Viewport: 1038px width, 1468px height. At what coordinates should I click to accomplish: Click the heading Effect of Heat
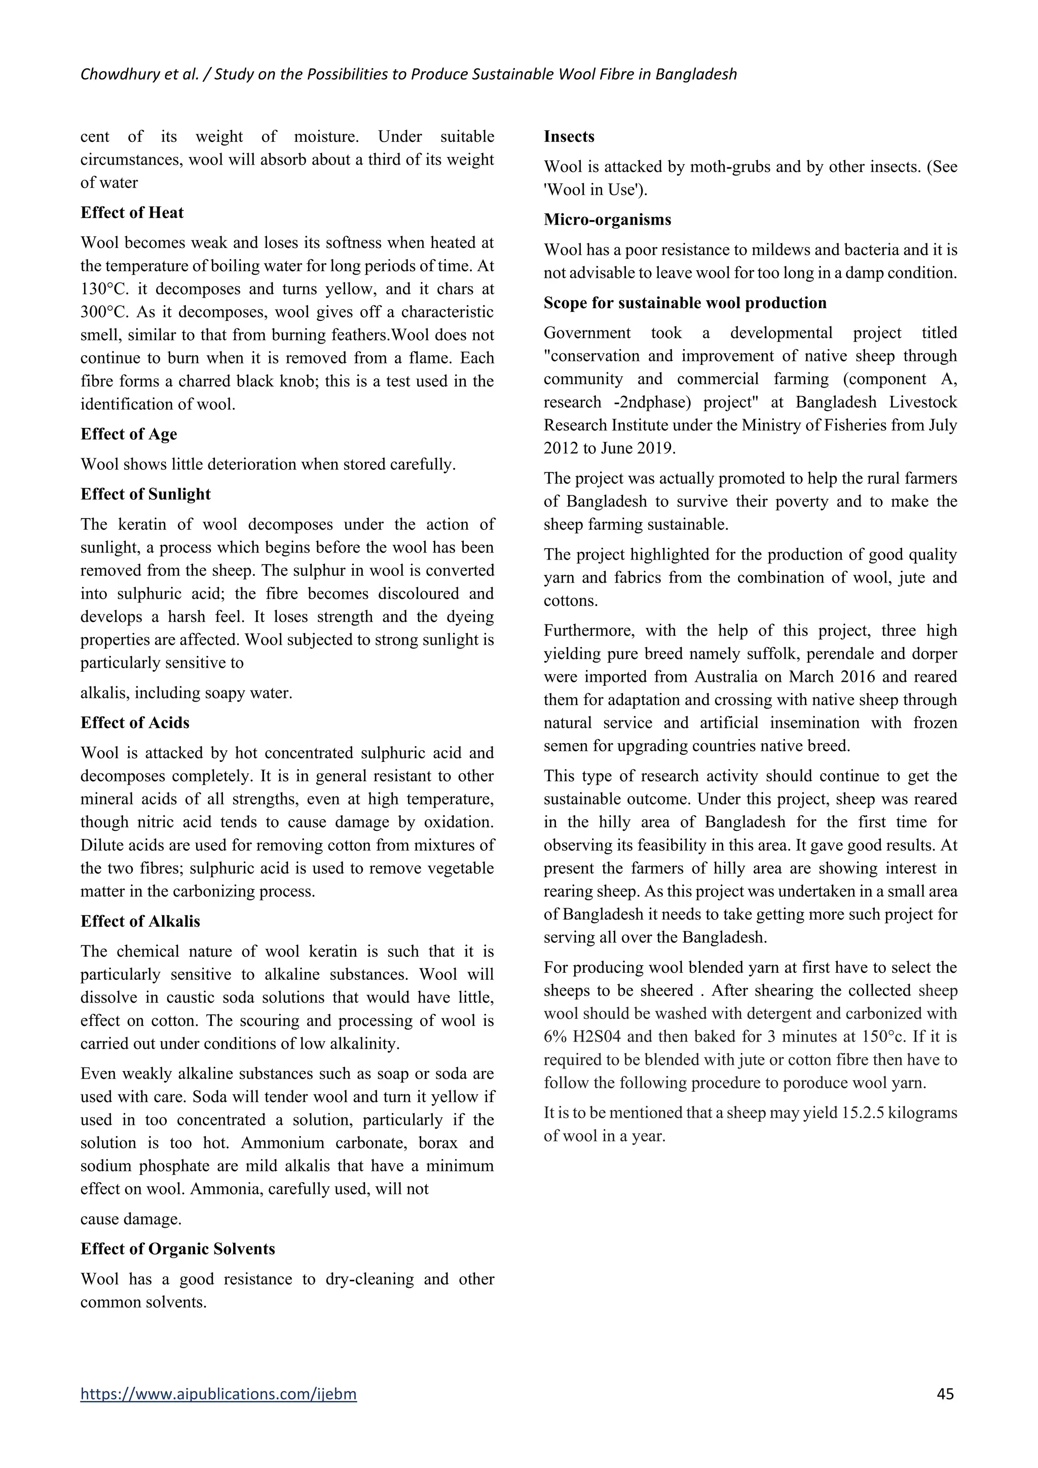point(132,213)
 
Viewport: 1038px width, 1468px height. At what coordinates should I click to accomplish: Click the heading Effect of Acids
point(135,722)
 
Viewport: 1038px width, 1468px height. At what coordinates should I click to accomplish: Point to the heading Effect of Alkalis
point(140,922)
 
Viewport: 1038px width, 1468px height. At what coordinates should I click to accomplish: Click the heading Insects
point(569,137)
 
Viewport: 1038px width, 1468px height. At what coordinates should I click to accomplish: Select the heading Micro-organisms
point(607,220)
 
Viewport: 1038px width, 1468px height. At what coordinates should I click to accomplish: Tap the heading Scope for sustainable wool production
point(685,303)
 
